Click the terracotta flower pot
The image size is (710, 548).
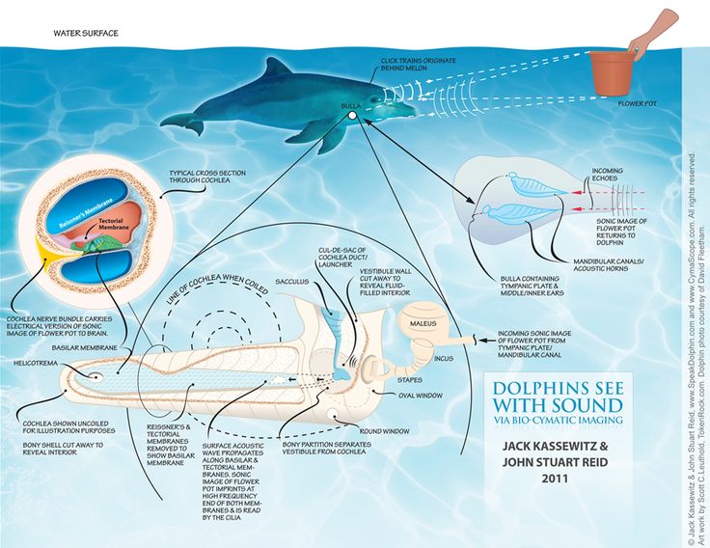click(614, 72)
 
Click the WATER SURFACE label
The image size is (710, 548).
click(86, 33)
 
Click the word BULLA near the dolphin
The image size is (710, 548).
click(351, 103)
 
